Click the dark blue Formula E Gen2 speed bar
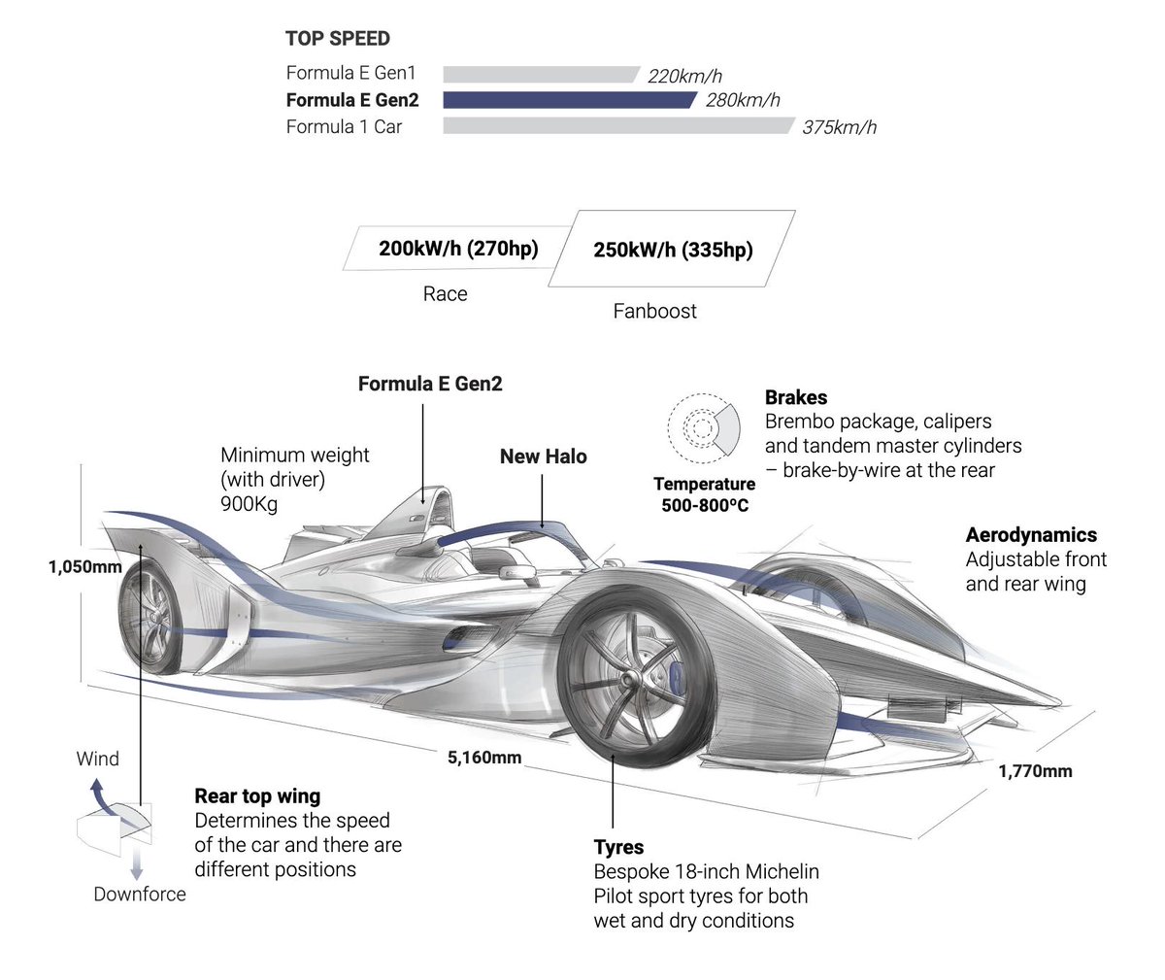click(569, 100)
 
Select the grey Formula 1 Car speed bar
click(617, 126)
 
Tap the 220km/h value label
click(684, 76)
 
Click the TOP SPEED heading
click(338, 39)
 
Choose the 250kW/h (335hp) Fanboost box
click(672, 250)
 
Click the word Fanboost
click(654, 311)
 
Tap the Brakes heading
click(796, 397)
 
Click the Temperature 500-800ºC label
click(705, 494)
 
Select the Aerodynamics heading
click(1031, 535)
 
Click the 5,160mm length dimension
click(484, 758)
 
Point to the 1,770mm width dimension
click(1035, 771)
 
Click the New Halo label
click(543, 456)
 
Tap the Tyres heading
click(618, 847)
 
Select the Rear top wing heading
click(257, 796)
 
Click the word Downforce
click(140, 894)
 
